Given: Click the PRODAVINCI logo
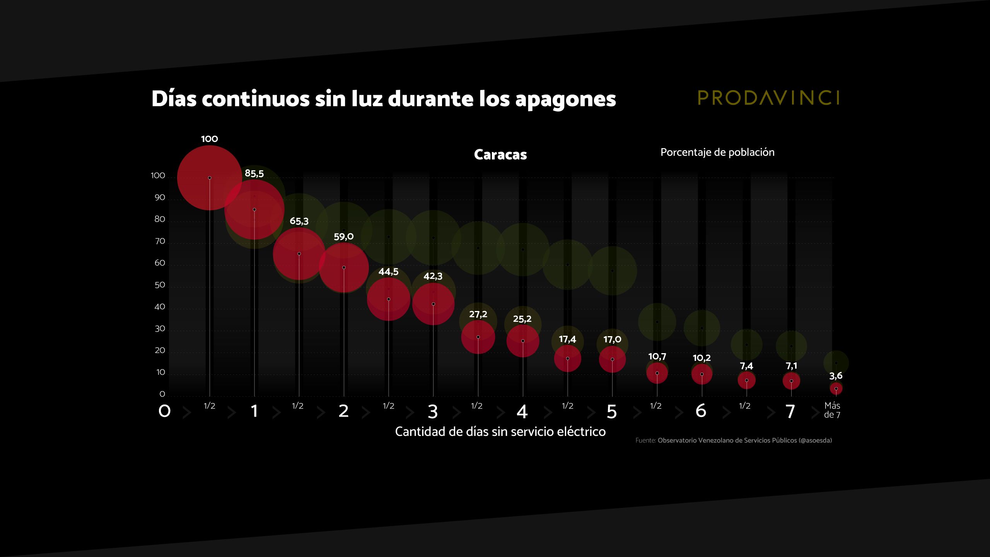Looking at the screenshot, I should pyautogui.click(x=768, y=98).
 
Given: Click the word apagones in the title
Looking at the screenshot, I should pyautogui.click(x=565, y=99).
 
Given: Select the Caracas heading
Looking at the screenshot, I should pyautogui.click(x=500, y=155).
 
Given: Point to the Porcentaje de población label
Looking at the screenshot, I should pyautogui.click(x=717, y=152).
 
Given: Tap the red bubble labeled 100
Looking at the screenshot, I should pyautogui.click(x=210, y=178).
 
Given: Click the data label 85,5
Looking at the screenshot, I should pyautogui.click(x=254, y=174).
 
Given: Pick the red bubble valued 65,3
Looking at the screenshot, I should pyautogui.click(x=299, y=254).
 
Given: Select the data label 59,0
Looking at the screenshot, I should pyautogui.click(x=343, y=237).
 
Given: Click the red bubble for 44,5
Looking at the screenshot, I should pyautogui.click(x=389, y=299).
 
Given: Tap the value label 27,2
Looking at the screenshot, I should pyautogui.click(x=478, y=314).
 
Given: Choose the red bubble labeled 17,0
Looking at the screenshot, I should pyautogui.click(x=612, y=359).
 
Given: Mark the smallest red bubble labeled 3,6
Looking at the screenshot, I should pyautogui.click(x=836, y=388).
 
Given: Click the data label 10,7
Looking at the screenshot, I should pyautogui.click(x=657, y=357).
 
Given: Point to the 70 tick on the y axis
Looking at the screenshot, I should pyautogui.click(x=160, y=241).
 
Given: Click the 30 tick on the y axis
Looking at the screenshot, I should pyautogui.click(x=160, y=329).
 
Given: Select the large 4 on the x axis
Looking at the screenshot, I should pyautogui.click(x=522, y=412).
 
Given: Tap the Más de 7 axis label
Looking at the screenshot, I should pyautogui.click(x=832, y=410).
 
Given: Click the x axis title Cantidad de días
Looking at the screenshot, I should pyautogui.click(x=500, y=432).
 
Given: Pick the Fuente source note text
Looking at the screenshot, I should pyautogui.click(x=734, y=441).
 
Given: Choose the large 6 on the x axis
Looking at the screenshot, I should pyautogui.click(x=701, y=411).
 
